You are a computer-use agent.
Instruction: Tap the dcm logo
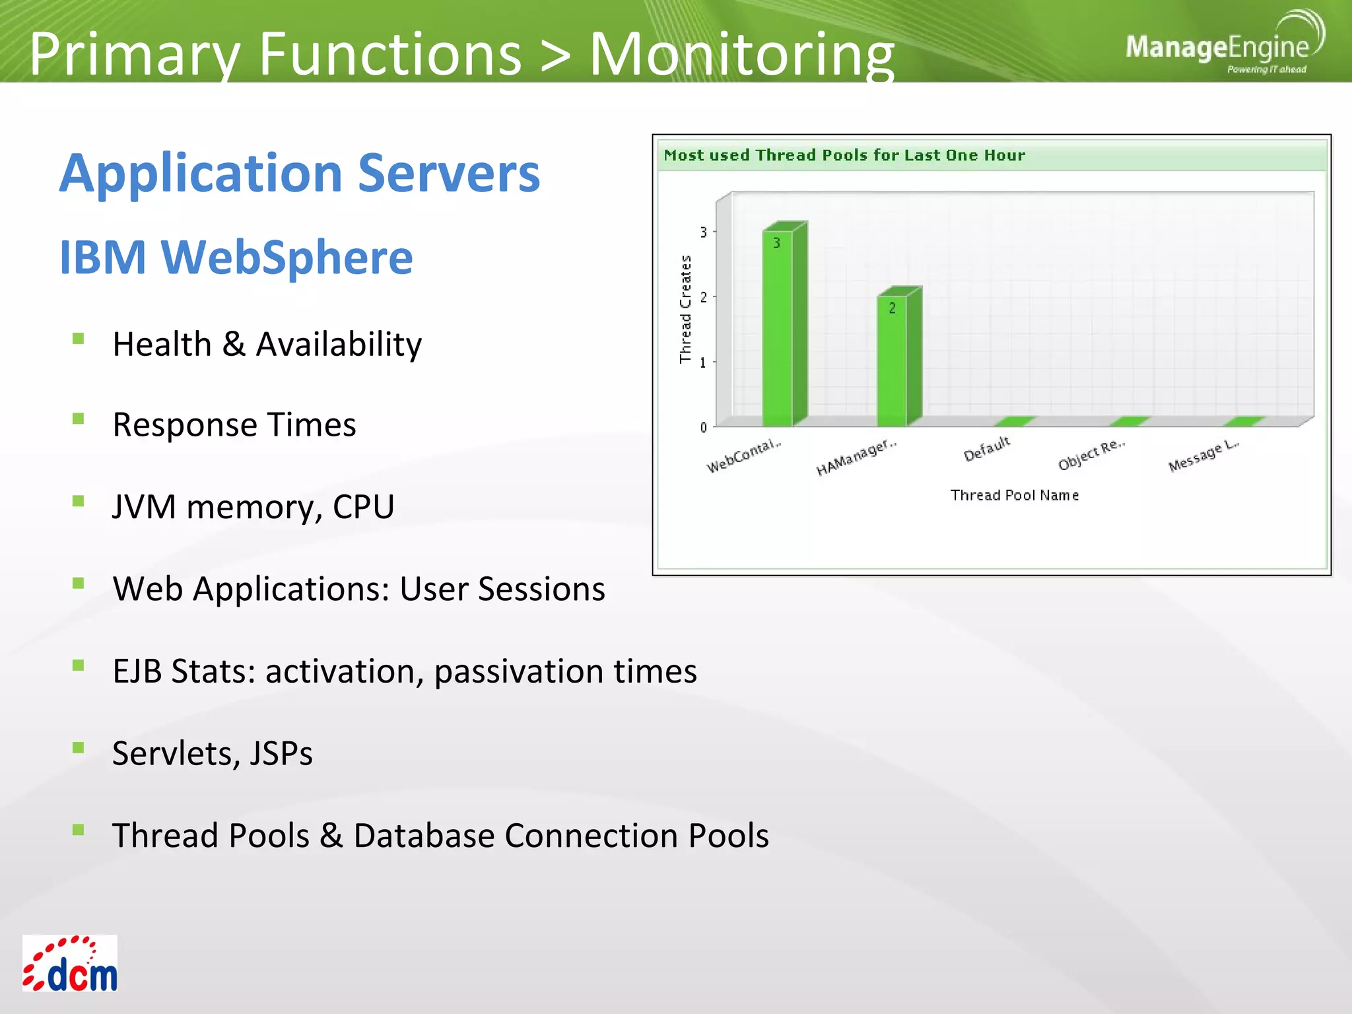coord(70,964)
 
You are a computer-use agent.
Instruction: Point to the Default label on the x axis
coord(987,449)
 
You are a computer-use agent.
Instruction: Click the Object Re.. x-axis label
coord(1091,454)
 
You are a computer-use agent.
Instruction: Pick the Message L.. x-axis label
coord(1203,455)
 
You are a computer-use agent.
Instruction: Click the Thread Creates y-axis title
coord(685,309)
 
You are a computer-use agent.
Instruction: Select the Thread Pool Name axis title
coord(1014,495)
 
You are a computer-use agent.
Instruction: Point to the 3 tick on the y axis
coord(704,232)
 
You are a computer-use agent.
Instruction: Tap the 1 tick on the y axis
coord(704,362)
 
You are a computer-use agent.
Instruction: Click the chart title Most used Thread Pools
coord(844,155)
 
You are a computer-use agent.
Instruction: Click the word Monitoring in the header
coord(741,54)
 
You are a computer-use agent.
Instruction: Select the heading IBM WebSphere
coord(236,257)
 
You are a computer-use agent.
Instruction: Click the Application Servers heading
coord(300,173)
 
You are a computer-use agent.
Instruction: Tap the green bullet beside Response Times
coord(79,419)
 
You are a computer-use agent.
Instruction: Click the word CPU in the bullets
coord(363,507)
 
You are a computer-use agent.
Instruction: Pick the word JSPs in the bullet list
coord(281,753)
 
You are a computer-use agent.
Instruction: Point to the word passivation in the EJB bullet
coord(518,671)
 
